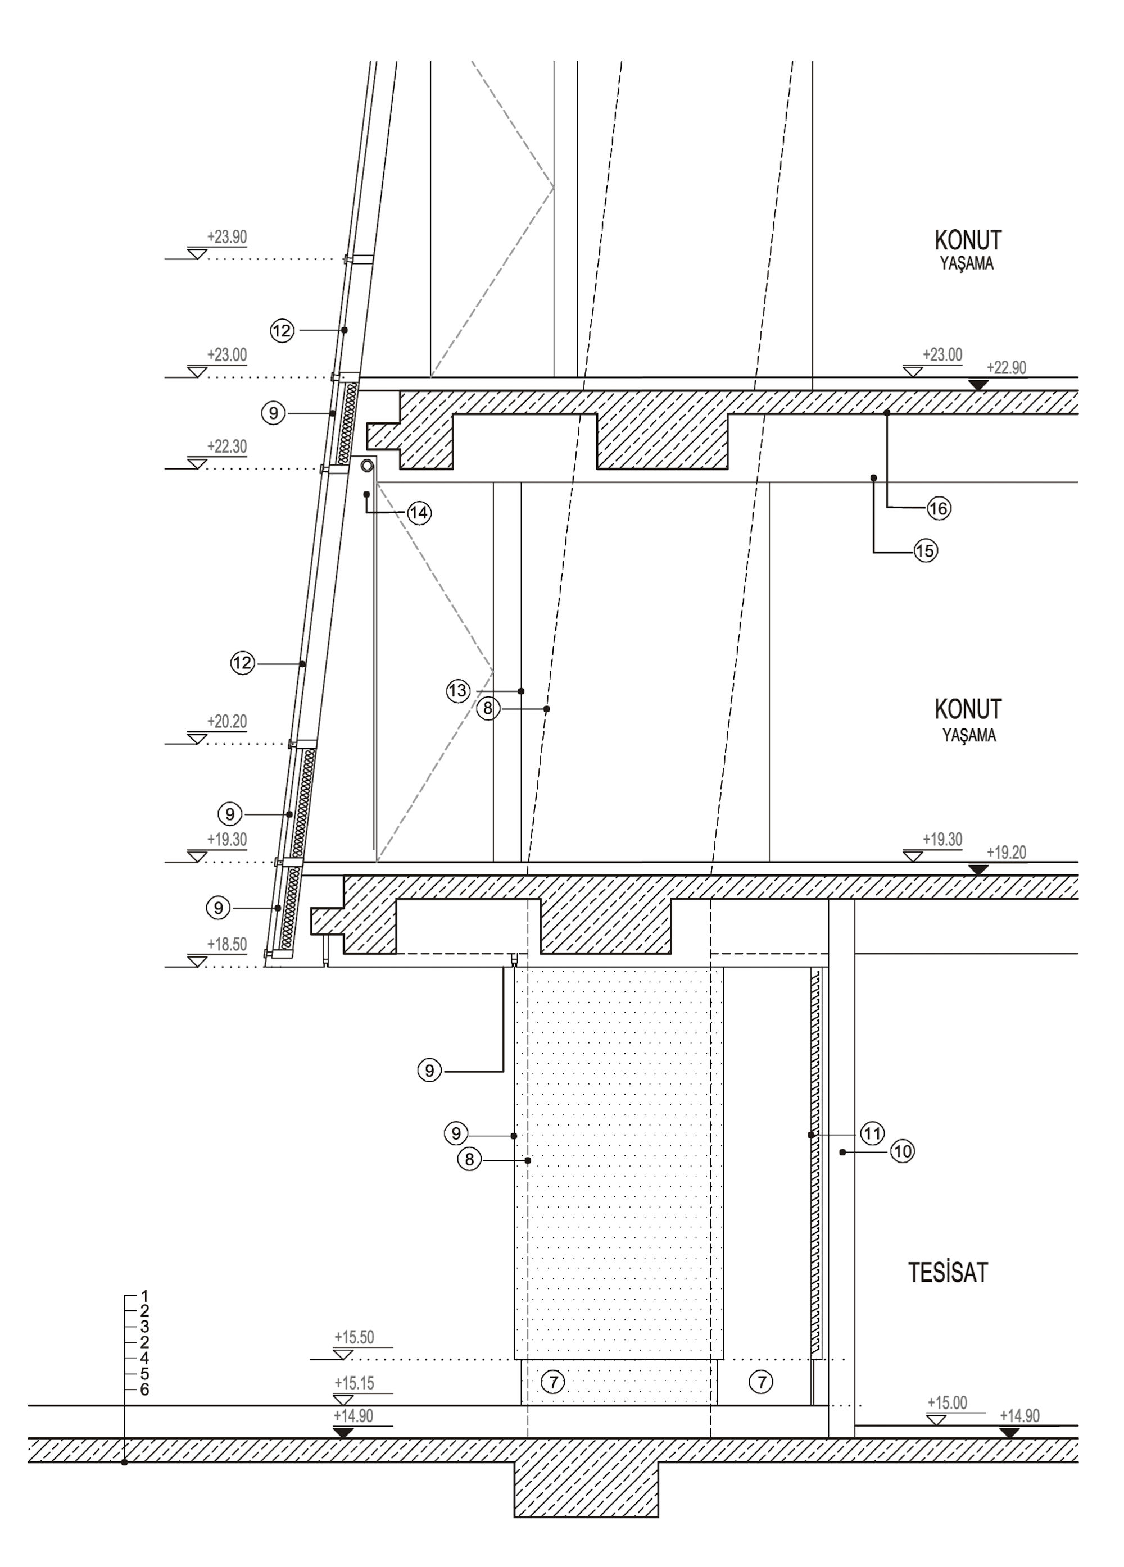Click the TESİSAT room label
point(947,1273)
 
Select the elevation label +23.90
point(226,238)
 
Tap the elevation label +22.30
point(226,447)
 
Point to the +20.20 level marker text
point(226,722)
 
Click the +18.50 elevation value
point(226,945)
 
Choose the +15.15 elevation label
point(354,1383)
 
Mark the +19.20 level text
point(1006,853)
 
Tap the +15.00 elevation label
point(946,1403)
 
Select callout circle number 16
point(938,508)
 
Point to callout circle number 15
point(925,552)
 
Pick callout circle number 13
point(458,691)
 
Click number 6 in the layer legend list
point(144,1390)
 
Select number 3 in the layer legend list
point(144,1327)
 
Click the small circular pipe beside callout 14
point(366,466)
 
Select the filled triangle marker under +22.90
point(977,385)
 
